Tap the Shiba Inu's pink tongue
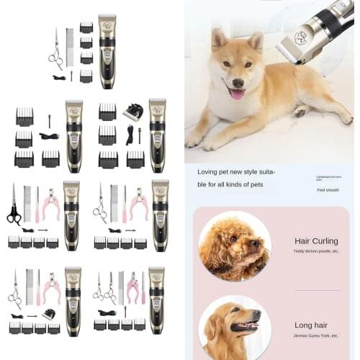coord(237,93)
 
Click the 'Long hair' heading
coord(310,325)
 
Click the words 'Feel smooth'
coord(328,190)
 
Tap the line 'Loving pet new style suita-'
coord(236,173)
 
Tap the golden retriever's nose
coord(258,315)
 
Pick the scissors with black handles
coord(14,207)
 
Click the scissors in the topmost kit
coord(55,51)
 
